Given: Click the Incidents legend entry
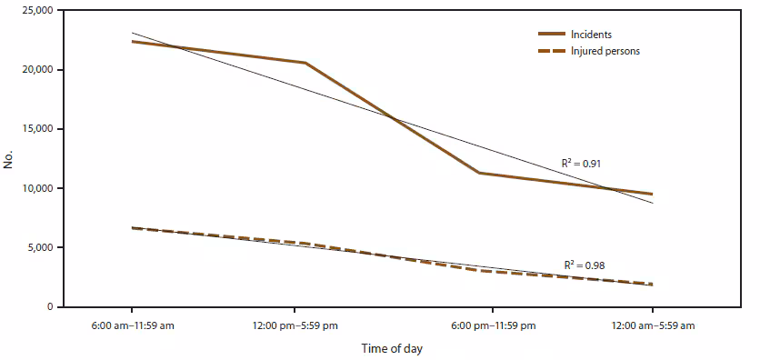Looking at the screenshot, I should tap(591, 35).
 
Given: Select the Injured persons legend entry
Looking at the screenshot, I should tap(605, 51).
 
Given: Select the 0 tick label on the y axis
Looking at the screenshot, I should tap(50, 307).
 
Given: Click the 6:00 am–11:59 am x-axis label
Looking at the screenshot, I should tap(132, 325).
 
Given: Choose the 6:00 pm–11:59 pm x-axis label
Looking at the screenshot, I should tap(492, 325).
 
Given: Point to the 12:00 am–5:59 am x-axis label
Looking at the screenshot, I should tap(652, 325).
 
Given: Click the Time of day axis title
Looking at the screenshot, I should tap(391, 347).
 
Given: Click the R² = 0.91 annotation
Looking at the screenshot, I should tap(583, 164).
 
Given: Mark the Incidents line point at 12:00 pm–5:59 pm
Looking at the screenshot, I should tap(305, 63).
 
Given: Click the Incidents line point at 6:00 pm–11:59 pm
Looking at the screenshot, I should tap(479, 173).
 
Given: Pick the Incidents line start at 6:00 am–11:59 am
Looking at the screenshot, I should tap(132, 41).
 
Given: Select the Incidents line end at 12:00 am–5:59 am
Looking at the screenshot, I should tap(652, 194).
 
